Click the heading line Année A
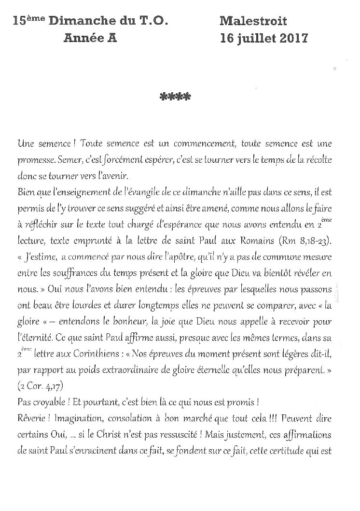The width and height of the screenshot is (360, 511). click(x=90, y=39)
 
